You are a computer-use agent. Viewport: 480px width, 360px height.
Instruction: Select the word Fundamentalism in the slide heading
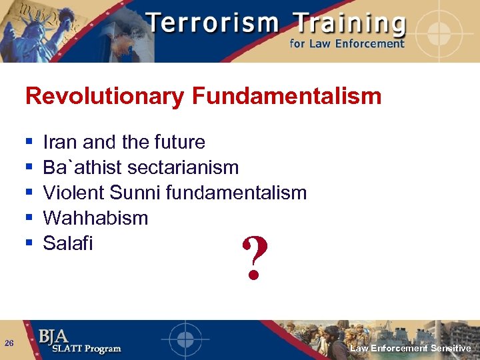point(287,96)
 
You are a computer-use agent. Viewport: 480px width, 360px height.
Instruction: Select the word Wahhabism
point(95,218)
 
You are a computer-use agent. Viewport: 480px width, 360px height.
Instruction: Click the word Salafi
point(67,243)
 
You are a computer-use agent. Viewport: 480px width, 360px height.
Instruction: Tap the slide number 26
point(9,343)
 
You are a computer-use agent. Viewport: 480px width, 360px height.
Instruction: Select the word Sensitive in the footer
point(451,349)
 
